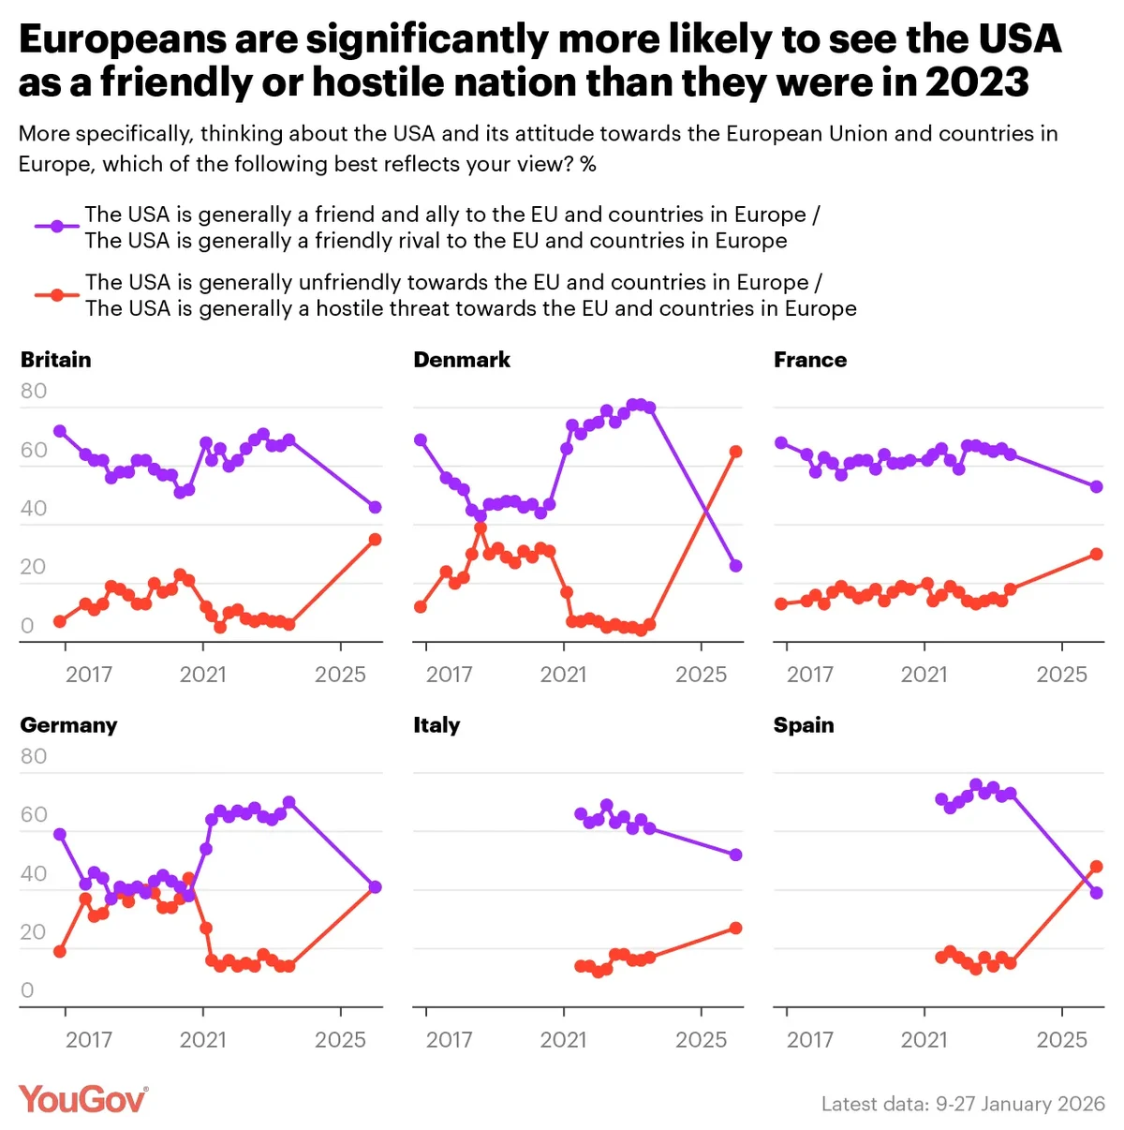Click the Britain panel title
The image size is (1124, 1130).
[56, 360]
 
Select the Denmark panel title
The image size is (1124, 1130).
[462, 360]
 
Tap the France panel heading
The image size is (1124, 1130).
[810, 360]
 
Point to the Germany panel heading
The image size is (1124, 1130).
[68, 725]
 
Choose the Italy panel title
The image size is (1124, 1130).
[436, 725]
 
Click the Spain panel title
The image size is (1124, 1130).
[804, 725]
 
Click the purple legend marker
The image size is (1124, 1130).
[57, 227]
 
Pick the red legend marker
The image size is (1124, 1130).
[57, 294]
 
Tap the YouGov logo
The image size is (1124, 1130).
[83, 1099]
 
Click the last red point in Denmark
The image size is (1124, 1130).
[736, 452]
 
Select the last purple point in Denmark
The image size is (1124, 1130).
[736, 566]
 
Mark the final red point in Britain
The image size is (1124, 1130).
[375, 540]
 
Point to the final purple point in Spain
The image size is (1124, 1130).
[1097, 893]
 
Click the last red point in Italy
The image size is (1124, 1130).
[736, 928]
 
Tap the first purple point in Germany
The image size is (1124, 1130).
[60, 834]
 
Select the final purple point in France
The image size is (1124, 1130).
[1097, 486]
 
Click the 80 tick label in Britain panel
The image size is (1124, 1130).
[34, 392]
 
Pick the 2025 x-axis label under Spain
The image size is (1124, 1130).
[1061, 1040]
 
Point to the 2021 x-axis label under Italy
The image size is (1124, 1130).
[563, 1040]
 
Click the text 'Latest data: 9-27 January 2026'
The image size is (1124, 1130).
[963, 1104]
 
